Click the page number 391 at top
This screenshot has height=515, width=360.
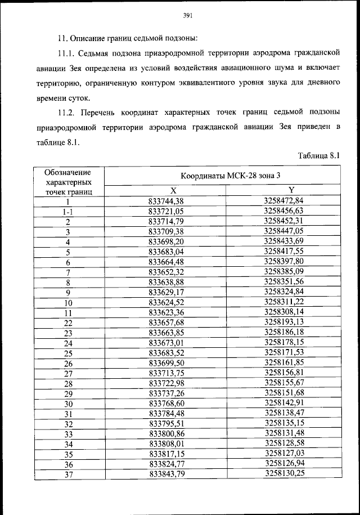pyautogui.click(x=188, y=16)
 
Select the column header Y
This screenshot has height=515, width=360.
pyautogui.click(x=283, y=190)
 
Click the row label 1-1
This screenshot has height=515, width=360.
pyautogui.click(x=68, y=211)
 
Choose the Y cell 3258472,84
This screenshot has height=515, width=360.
pyautogui.click(x=283, y=200)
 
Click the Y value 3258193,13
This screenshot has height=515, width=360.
pyautogui.click(x=283, y=322)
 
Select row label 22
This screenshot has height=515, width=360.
pyautogui.click(x=68, y=323)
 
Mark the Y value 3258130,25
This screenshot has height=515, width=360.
pyautogui.click(x=283, y=474)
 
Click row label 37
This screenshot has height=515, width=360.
pyautogui.click(x=68, y=475)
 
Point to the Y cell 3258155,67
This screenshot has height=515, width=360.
pyautogui.click(x=283, y=383)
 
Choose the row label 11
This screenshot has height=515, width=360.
pyautogui.click(x=68, y=312)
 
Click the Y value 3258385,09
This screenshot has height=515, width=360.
pyautogui.click(x=283, y=271)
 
